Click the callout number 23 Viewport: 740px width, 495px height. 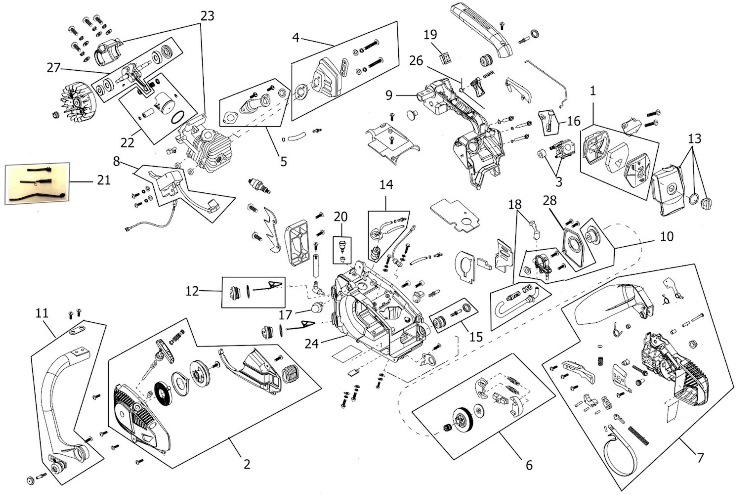pyautogui.click(x=207, y=16)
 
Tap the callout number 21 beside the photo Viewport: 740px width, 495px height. pyautogui.click(x=104, y=180)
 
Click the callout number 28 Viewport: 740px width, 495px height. pyautogui.click(x=550, y=200)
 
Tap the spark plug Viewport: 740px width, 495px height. pyautogui.click(x=259, y=186)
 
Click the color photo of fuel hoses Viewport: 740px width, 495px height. pyautogui.click(x=37, y=183)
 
